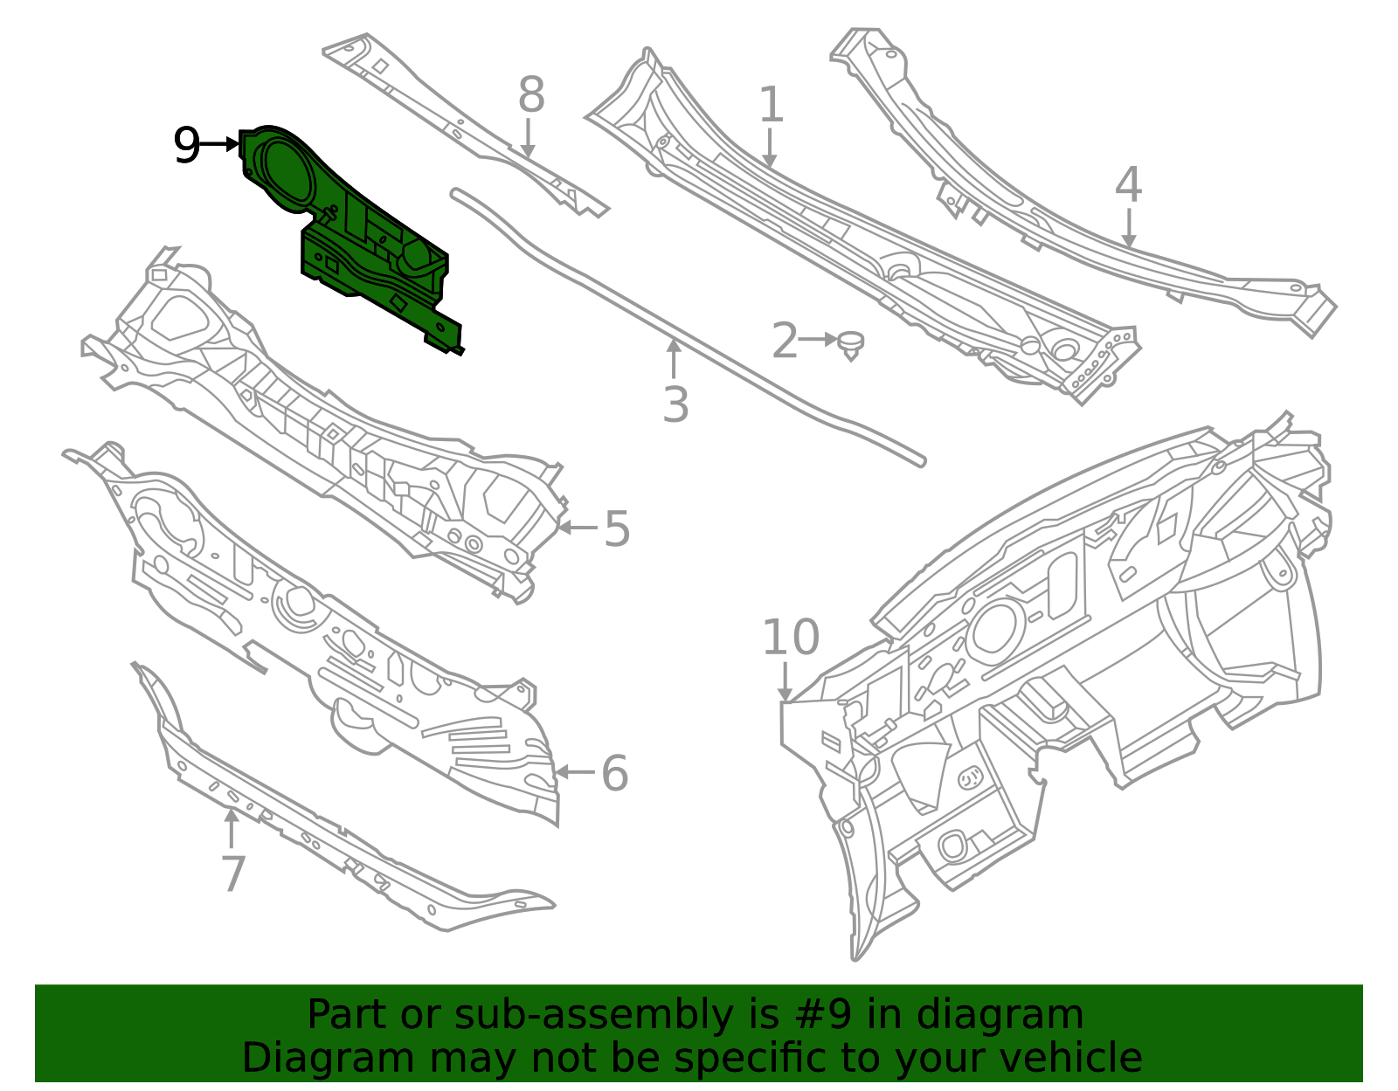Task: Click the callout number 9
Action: click(x=187, y=145)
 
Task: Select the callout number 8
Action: click(x=531, y=94)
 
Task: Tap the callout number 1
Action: click(x=772, y=104)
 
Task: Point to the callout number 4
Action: click(x=1128, y=183)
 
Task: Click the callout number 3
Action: click(x=675, y=404)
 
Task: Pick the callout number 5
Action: click(x=617, y=528)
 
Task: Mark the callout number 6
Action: click(x=614, y=773)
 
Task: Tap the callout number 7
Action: click(x=233, y=873)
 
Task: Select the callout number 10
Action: click(x=791, y=637)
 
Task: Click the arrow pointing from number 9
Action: click(x=219, y=145)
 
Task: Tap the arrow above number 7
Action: click(x=231, y=828)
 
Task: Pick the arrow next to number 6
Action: click(x=575, y=771)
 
